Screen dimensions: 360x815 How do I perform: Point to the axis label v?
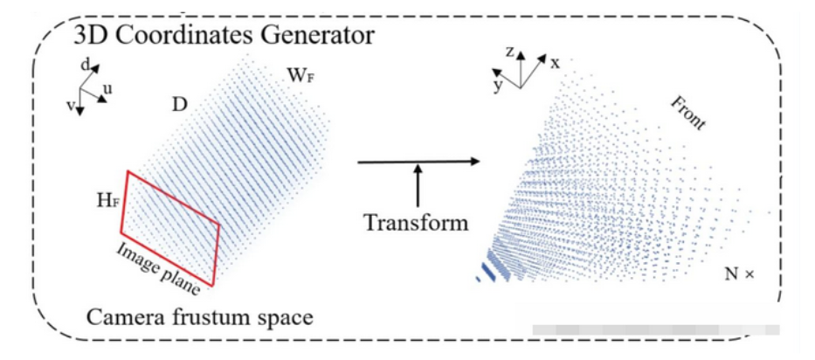(69, 101)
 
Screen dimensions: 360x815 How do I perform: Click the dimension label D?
(179, 106)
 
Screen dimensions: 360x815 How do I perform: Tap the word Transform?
(416, 222)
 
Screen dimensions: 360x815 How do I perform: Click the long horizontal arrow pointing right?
(419, 162)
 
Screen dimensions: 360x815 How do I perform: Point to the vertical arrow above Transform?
(418, 185)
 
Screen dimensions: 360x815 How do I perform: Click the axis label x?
(554, 62)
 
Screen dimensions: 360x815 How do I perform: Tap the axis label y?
(496, 86)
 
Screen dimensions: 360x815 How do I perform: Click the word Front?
(687, 112)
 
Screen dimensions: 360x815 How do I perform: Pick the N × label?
(739, 273)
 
